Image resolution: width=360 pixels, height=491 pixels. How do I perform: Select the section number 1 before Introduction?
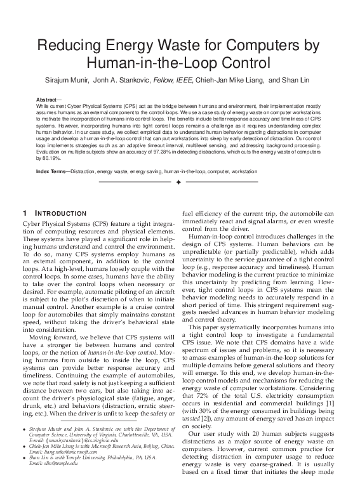24,213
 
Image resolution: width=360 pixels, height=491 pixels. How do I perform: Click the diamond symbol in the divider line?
178,183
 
